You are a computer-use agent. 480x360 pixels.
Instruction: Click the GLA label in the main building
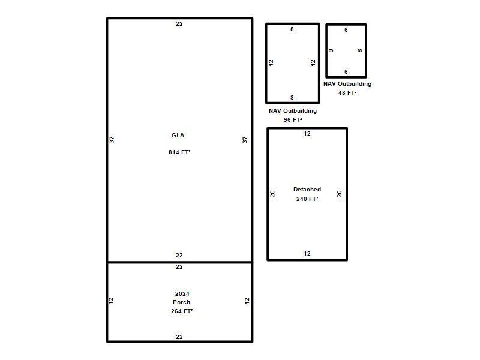(x=178, y=136)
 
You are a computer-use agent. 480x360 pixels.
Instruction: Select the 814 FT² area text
(x=179, y=152)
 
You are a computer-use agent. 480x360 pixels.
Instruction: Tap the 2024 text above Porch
(x=182, y=294)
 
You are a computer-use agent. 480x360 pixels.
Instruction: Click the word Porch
(x=182, y=302)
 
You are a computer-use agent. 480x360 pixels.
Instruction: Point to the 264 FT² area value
(x=182, y=311)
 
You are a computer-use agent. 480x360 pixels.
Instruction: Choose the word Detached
(x=307, y=190)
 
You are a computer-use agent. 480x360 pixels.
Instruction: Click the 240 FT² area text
(x=307, y=199)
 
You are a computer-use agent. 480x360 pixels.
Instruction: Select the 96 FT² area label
(x=293, y=119)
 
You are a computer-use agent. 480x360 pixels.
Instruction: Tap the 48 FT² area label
(x=347, y=93)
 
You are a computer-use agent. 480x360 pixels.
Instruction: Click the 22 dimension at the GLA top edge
(x=179, y=24)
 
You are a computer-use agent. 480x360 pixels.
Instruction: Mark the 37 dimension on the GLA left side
(x=112, y=140)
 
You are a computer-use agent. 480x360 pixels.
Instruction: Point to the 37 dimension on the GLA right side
(x=245, y=140)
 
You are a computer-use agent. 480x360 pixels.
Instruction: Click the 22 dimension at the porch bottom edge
(x=179, y=337)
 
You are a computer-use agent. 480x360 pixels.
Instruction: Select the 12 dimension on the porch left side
(x=111, y=301)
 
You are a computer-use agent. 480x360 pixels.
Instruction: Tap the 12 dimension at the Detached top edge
(x=307, y=134)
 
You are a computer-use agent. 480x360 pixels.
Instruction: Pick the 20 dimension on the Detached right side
(x=339, y=194)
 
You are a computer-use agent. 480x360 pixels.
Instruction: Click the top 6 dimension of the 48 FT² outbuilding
(x=346, y=30)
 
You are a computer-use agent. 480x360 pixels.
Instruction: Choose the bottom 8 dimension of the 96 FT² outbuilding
(x=292, y=98)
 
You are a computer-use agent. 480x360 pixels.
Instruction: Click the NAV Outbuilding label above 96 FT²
(x=293, y=111)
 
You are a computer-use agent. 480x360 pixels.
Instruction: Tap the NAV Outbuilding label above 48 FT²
(x=347, y=84)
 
